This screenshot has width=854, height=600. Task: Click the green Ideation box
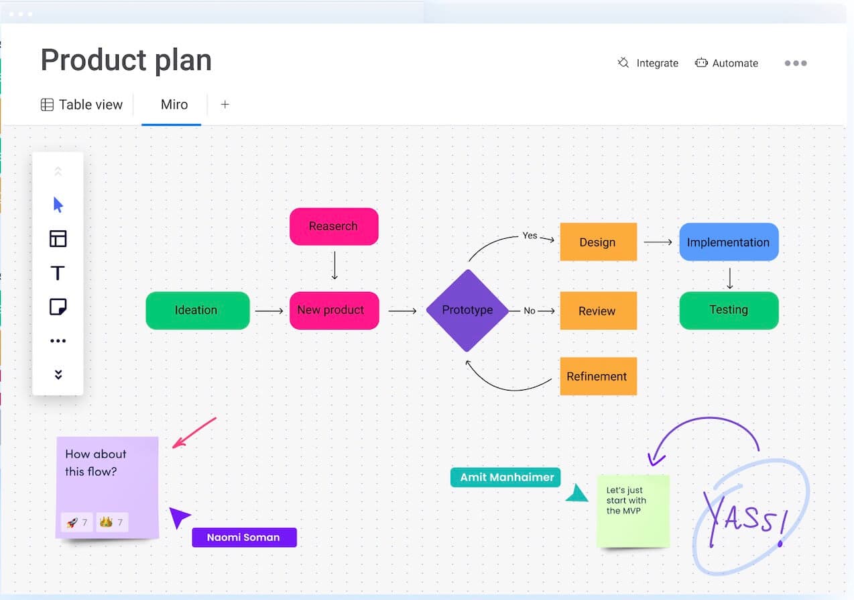(198, 310)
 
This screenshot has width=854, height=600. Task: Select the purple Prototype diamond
(467, 310)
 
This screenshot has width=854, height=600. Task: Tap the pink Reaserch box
(334, 226)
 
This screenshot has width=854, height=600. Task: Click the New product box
(334, 310)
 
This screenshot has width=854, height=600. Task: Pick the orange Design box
(598, 242)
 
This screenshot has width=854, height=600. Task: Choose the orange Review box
(598, 311)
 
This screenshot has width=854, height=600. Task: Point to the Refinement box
(598, 377)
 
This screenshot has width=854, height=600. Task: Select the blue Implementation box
(729, 242)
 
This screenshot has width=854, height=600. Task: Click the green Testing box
(729, 310)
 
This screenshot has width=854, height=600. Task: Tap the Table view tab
(82, 105)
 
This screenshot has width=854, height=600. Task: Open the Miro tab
(174, 105)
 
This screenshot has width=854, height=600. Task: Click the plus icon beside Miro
(225, 104)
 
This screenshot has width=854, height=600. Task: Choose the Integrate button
(648, 63)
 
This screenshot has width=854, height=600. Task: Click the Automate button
(726, 63)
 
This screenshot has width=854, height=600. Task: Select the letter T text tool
(58, 273)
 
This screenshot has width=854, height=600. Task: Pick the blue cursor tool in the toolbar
(58, 205)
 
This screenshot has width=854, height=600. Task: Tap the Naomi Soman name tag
(245, 538)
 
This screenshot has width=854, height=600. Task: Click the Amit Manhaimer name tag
(505, 477)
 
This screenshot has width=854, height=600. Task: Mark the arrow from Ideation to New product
(269, 311)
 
